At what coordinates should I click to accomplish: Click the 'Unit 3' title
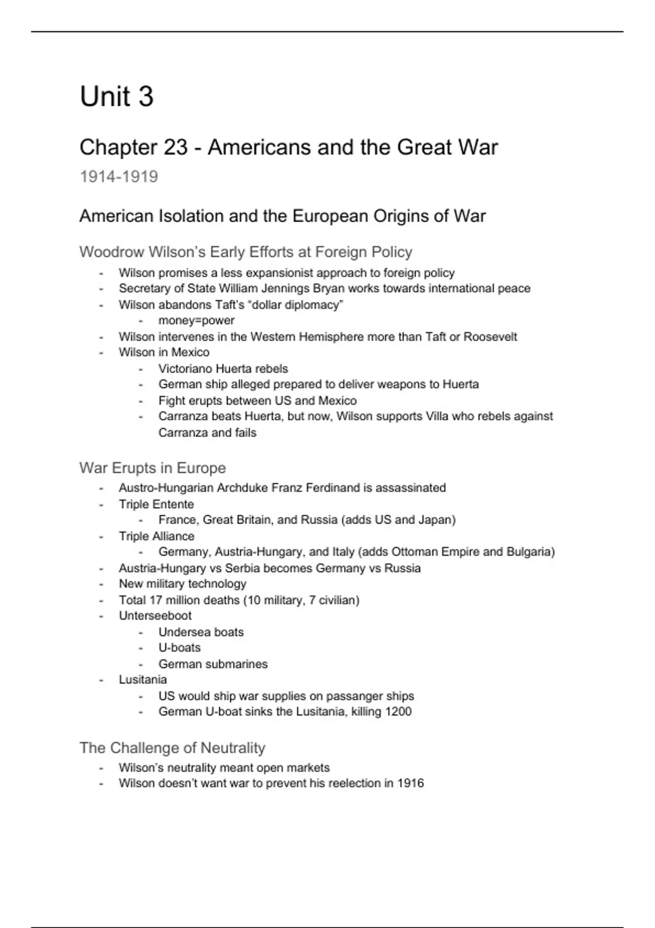click(x=116, y=97)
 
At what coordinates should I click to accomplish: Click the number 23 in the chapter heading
click(x=175, y=147)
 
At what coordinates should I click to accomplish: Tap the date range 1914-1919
click(x=118, y=177)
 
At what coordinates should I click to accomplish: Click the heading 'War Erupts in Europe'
click(x=152, y=468)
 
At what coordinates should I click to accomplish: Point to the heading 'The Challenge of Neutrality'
click(x=172, y=747)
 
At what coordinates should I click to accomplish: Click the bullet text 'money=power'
click(x=196, y=320)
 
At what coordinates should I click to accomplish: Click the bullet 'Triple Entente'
click(x=156, y=504)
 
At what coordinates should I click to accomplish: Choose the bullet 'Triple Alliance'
click(x=156, y=536)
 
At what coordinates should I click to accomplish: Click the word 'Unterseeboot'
click(x=155, y=616)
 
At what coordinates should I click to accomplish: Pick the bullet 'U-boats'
click(x=180, y=648)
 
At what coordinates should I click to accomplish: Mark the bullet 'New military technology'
click(x=182, y=584)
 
